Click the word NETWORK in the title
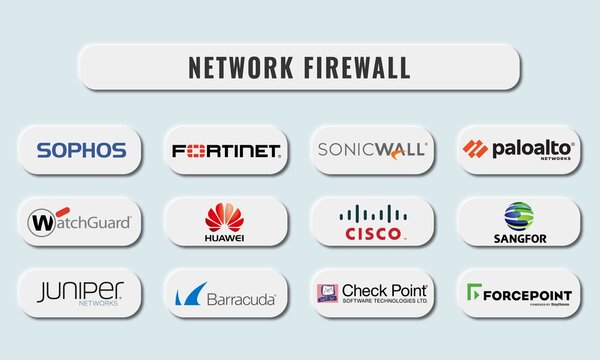[238, 68]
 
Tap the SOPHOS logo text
[82, 150]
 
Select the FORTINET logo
[226, 151]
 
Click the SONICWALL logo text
[372, 150]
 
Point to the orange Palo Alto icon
[475, 149]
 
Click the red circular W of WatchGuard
[42, 221]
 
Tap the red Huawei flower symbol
[224, 215]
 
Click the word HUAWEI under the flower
[224, 239]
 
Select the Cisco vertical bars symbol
[372, 213]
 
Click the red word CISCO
[372, 233]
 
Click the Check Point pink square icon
[327, 293]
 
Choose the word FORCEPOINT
[528, 295]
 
